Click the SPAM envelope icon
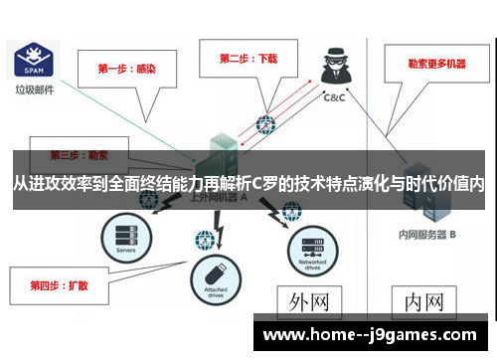32,61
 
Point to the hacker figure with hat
332,67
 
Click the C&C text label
334,98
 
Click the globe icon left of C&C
265,125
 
